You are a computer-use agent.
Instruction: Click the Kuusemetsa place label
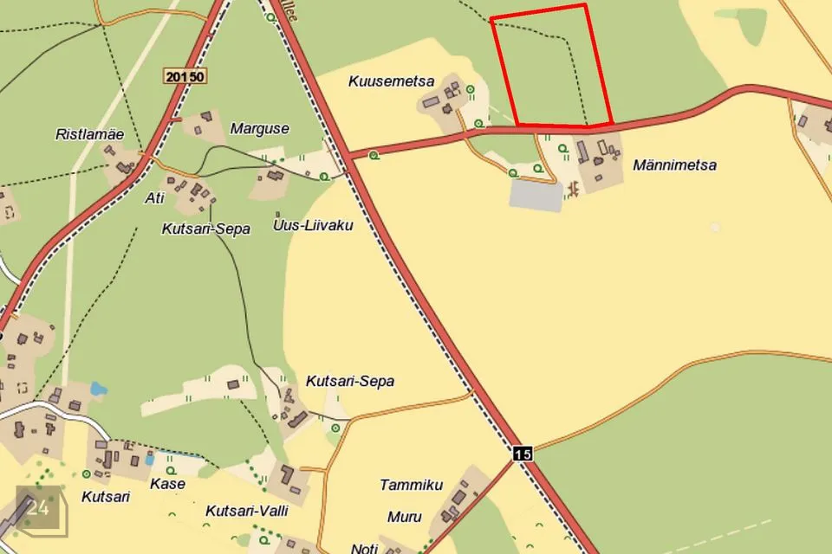[x=391, y=81]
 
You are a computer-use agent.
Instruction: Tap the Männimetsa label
[x=674, y=164]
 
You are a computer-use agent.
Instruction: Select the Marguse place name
[x=259, y=129]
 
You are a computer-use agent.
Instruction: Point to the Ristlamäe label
[x=89, y=134]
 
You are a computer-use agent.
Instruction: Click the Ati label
[x=154, y=198]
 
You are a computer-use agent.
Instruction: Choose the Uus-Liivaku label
[x=312, y=226]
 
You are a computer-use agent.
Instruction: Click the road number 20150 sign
[x=185, y=77]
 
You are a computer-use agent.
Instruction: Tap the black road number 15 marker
[x=522, y=453]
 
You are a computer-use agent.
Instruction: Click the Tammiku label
[x=411, y=485]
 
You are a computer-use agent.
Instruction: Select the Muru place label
[x=404, y=517]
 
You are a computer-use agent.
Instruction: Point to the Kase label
[x=166, y=483]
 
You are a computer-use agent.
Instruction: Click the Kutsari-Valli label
[x=246, y=511]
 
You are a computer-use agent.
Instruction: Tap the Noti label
[x=365, y=548]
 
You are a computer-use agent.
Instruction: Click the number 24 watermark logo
[x=39, y=509]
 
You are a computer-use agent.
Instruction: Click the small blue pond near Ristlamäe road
[x=97, y=390]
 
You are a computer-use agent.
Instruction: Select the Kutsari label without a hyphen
[x=105, y=497]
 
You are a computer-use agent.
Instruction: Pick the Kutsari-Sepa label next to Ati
[x=205, y=229]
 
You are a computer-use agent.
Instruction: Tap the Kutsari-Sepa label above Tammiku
[x=349, y=381]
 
